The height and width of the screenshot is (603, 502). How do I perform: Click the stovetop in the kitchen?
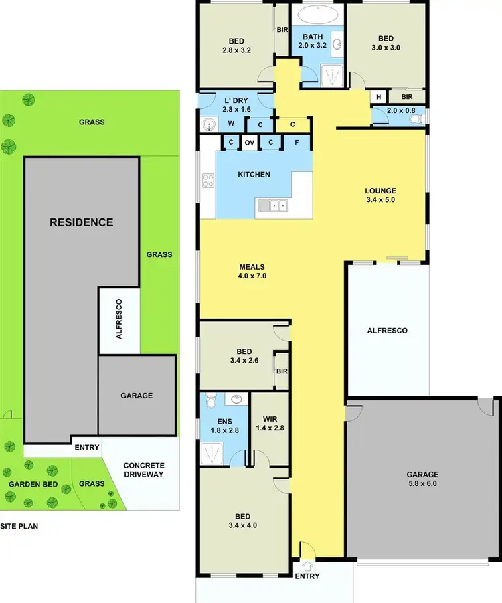208,180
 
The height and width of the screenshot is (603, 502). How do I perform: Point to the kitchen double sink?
273,205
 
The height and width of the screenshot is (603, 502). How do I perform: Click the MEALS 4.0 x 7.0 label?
253,270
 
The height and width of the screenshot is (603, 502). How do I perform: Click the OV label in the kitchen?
249,143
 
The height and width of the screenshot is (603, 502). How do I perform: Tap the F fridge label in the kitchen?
297,143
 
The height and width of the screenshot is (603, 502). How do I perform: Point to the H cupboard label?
379,97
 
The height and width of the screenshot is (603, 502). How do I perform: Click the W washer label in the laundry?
232,123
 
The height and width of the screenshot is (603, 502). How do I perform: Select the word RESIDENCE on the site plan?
82,222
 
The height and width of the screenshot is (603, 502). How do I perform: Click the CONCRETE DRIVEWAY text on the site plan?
144,470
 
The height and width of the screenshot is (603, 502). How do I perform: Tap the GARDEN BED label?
31,484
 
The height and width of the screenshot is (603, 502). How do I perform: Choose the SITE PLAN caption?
19,526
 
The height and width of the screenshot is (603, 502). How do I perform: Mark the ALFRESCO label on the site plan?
119,321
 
